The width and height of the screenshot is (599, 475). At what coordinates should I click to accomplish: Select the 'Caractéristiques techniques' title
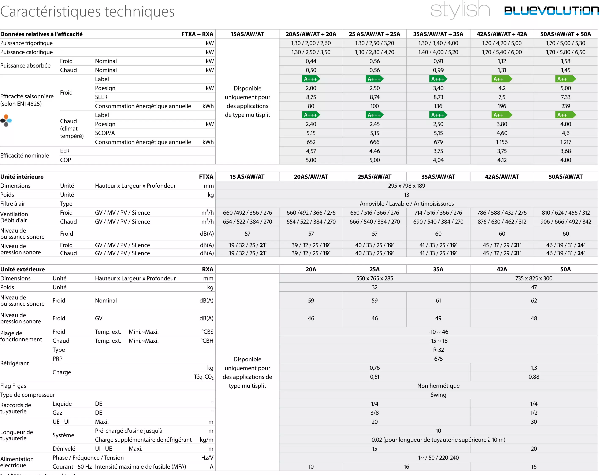click(87, 12)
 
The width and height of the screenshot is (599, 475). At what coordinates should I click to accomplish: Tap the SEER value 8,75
click(311, 97)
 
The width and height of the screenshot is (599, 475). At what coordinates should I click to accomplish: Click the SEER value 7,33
click(565, 97)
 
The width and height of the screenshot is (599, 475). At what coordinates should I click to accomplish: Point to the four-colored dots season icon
click(6, 120)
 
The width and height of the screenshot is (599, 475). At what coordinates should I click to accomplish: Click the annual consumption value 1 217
click(565, 142)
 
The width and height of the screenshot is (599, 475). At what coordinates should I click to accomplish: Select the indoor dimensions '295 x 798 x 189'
click(406, 186)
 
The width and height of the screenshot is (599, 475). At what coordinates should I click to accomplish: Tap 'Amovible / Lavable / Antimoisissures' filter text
click(406, 204)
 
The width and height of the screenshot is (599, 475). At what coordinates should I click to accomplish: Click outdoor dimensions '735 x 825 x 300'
click(534, 278)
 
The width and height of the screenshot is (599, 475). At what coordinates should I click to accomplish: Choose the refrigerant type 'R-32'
click(438, 350)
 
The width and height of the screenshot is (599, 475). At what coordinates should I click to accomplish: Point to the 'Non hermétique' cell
click(438, 386)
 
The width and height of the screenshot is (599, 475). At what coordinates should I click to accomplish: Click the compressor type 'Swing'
click(438, 395)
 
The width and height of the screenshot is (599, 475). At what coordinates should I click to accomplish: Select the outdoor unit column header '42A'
click(502, 269)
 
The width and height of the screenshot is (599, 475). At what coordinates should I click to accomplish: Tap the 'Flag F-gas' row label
click(13, 386)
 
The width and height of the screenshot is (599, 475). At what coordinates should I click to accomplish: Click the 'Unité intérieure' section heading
click(22, 177)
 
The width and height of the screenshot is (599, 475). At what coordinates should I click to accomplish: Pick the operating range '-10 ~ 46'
click(438, 332)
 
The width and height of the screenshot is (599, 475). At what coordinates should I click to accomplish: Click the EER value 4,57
click(311, 151)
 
